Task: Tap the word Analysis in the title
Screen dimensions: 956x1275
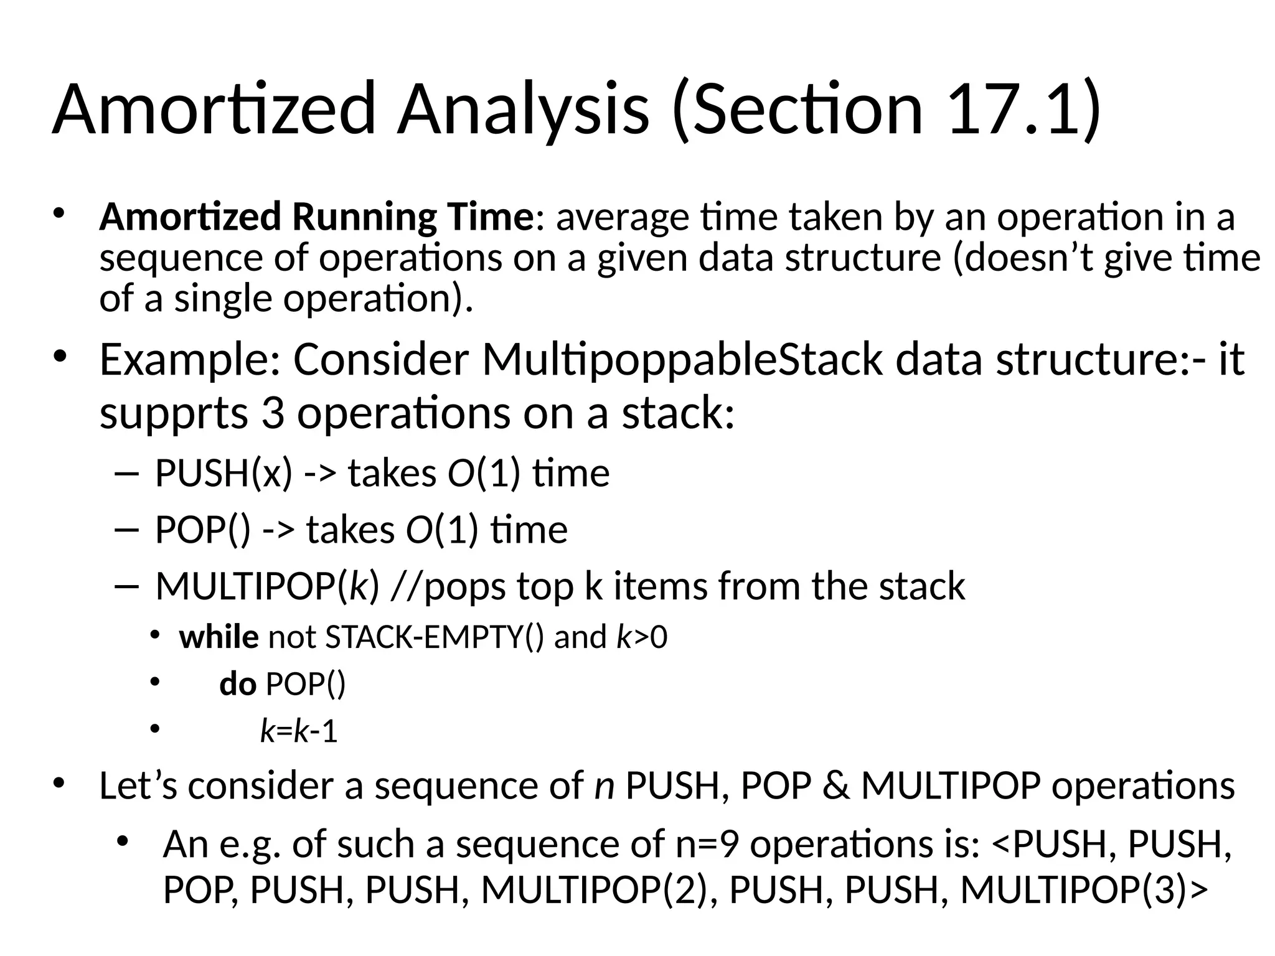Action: coord(523,109)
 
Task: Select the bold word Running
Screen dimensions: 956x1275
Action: coord(364,217)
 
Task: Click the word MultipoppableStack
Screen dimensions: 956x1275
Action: coord(682,359)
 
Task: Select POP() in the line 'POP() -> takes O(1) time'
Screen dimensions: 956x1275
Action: coord(203,530)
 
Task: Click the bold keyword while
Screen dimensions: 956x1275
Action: coord(219,637)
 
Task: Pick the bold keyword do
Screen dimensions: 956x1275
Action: coord(238,684)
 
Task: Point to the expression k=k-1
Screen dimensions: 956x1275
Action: coord(299,731)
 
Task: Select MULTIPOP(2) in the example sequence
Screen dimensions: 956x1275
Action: coord(595,889)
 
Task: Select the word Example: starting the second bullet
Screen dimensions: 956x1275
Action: coord(191,359)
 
